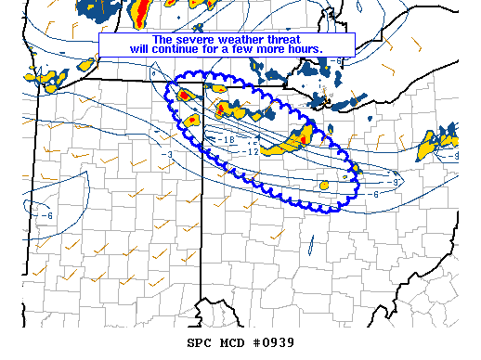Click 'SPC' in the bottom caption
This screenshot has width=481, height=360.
pyautogui.click(x=199, y=342)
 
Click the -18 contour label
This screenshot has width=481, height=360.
pyautogui.click(x=228, y=139)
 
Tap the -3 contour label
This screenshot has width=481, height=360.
pyautogui.click(x=167, y=154)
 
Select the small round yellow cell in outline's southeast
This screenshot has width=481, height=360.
pyautogui.click(x=325, y=186)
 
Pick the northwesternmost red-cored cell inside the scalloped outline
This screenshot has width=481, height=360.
pyautogui.click(x=184, y=95)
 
